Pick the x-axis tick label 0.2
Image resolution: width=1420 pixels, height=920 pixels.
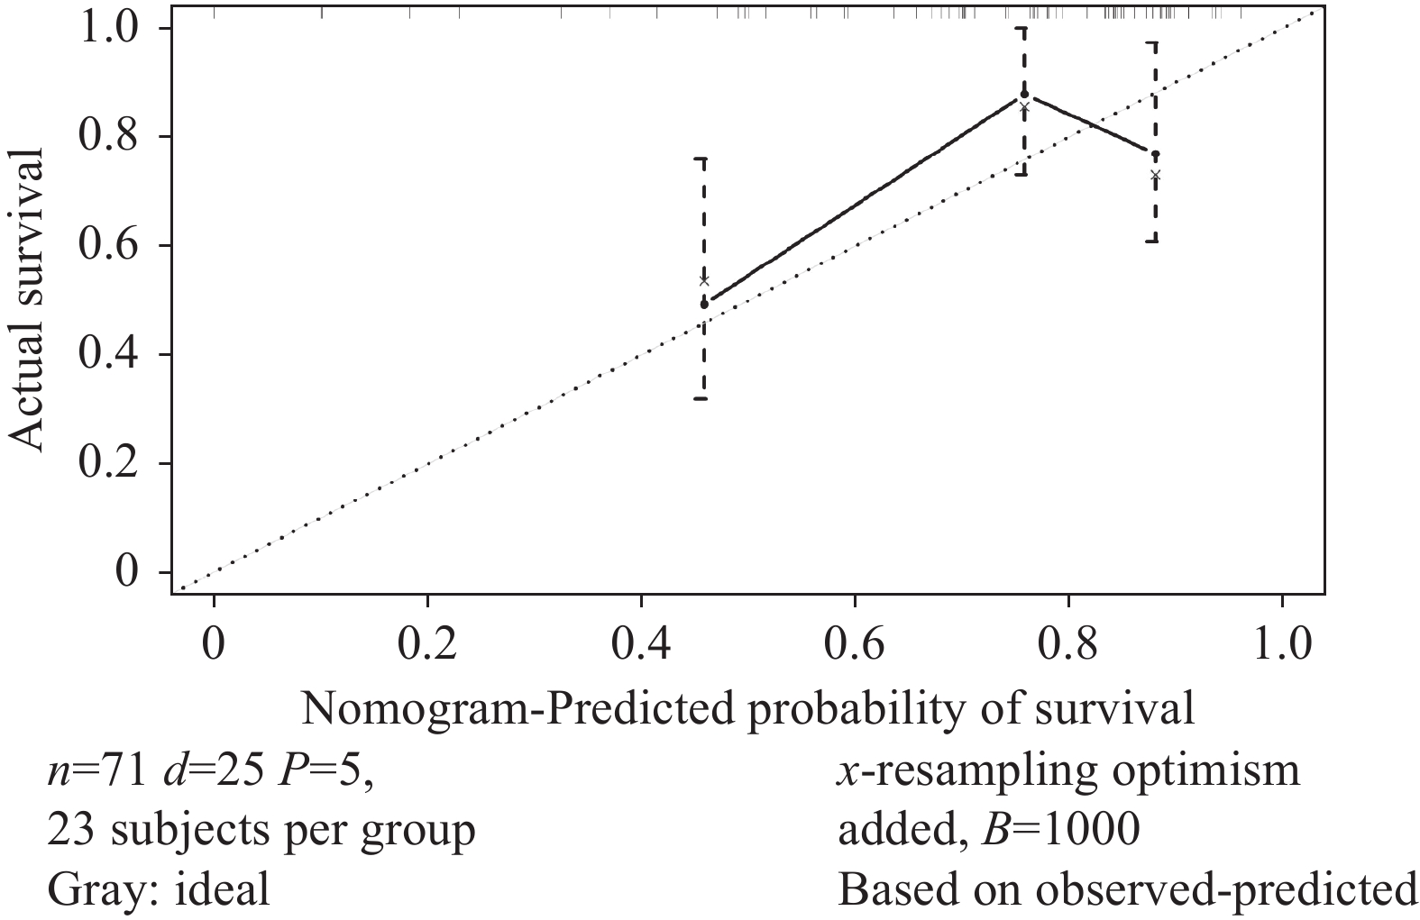(426, 647)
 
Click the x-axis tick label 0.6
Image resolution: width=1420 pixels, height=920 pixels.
(854, 647)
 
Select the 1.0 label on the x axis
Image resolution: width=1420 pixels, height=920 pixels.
(1281, 647)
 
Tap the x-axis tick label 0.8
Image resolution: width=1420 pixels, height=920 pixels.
(1067, 647)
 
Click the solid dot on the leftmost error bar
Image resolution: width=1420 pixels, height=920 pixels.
(704, 304)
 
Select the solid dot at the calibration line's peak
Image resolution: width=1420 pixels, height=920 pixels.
(1024, 94)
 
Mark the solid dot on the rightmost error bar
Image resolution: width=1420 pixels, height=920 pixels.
(1155, 154)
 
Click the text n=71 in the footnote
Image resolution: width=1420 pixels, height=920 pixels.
(95, 772)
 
